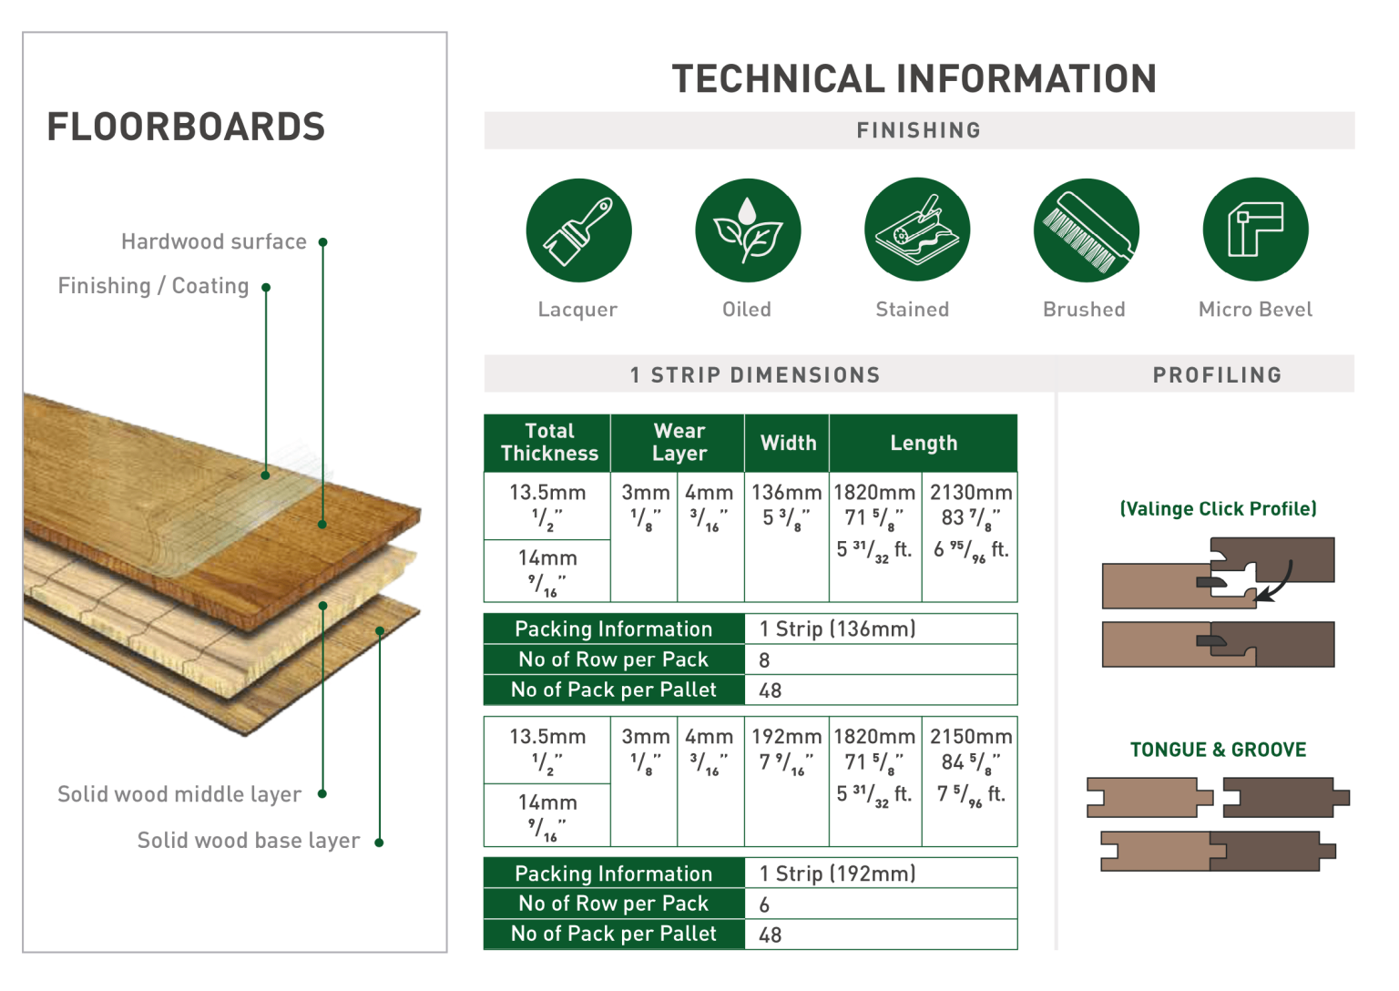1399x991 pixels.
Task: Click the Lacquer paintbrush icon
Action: [578, 230]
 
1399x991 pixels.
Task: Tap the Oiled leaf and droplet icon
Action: [747, 230]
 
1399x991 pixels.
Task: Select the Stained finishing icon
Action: [916, 230]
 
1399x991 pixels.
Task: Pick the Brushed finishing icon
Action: [1086, 230]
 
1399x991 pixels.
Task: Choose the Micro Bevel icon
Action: [1255, 230]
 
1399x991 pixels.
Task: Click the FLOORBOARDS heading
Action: [186, 128]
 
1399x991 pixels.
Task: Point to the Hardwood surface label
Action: [214, 242]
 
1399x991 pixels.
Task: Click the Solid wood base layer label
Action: [248, 841]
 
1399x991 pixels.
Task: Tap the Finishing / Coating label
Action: [153, 287]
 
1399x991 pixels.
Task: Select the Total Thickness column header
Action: [548, 443]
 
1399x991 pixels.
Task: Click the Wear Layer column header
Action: [679, 443]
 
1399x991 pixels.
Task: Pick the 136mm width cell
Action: [786, 493]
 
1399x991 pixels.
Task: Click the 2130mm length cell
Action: [970, 493]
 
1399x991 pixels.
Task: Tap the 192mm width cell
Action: [786, 737]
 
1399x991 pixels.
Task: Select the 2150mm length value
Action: [970, 737]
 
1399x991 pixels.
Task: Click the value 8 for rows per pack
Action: [764, 660]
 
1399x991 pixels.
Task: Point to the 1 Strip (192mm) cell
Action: [837, 874]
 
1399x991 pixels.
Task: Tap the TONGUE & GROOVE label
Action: [1218, 751]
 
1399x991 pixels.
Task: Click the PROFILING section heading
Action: [1217, 375]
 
